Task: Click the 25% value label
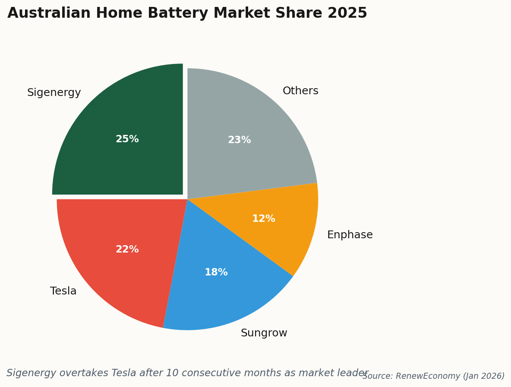pyautogui.click(x=127, y=139)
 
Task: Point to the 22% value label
pyautogui.click(x=127, y=249)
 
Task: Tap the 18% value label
pyautogui.click(x=216, y=272)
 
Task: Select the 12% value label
pyautogui.click(x=264, y=219)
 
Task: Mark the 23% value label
pyautogui.click(x=240, y=140)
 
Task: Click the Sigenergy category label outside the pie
pyautogui.click(x=54, y=93)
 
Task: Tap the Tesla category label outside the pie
pyautogui.click(x=63, y=291)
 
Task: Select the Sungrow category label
pyautogui.click(x=264, y=333)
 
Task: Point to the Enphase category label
pyautogui.click(x=350, y=235)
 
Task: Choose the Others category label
pyautogui.click(x=300, y=91)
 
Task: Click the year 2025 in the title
pyautogui.click(x=347, y=13)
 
